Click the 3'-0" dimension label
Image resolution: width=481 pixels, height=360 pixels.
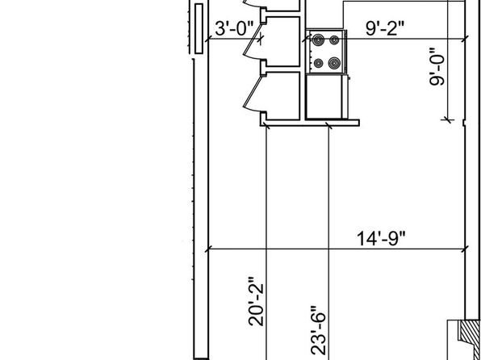coord(235,28)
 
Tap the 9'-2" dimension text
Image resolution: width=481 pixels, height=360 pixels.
coord(385,28)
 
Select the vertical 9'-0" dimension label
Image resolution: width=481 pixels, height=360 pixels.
coord(437,67)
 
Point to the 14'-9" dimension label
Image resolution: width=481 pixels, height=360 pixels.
coord(381,238)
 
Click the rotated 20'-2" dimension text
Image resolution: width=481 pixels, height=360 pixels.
coord(256,301)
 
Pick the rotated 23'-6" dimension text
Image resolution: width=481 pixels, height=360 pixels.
coord(318,331)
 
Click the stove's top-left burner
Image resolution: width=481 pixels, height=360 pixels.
coord(319,40)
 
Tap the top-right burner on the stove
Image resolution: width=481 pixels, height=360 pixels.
coord(334,40)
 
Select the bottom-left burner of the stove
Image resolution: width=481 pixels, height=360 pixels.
coord(319,63)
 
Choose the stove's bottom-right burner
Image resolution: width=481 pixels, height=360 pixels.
coord(334,63)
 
